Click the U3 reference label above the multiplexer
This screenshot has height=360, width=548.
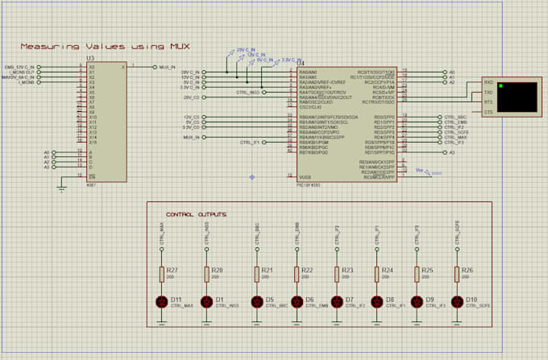click(90, 60)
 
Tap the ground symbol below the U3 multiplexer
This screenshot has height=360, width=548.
click(62, 188)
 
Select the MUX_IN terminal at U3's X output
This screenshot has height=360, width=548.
click(168, 68)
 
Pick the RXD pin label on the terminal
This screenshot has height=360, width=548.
click(488, 82)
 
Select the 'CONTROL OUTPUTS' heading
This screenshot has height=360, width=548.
click(196, 215)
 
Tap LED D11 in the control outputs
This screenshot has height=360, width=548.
click(161, 303)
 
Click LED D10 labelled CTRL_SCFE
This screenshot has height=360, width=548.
click(458, 303)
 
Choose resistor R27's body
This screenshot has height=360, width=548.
click(161, 274)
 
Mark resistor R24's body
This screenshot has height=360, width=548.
click(377, 274)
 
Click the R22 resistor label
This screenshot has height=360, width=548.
click(307, 271)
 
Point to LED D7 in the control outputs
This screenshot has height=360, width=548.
click(338, 303)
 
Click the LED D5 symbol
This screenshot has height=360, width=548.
click(256, 303)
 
